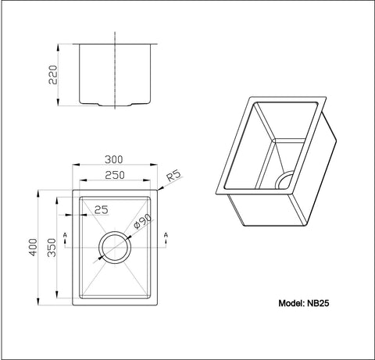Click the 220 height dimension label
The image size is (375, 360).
(53, 75)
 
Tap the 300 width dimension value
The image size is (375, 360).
(114, 159)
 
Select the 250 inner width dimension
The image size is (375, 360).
(115, 175)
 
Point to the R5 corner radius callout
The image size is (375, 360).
(173, 176)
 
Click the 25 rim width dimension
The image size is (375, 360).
(101, 209)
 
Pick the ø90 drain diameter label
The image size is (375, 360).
(142, 221)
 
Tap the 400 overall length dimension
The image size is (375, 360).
(33, 247)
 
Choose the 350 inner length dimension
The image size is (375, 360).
(52, 248)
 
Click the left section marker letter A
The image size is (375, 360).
(65, 235)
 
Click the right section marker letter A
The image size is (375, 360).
(166, 235)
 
